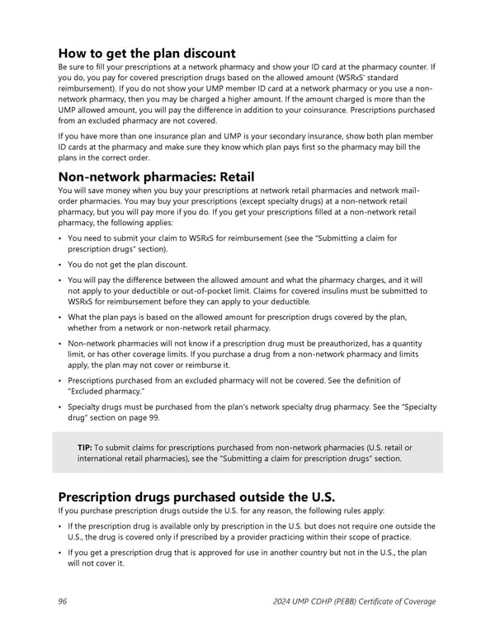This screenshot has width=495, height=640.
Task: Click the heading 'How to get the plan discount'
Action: (x=147, y=54)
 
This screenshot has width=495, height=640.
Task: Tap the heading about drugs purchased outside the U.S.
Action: (x=197, y=497)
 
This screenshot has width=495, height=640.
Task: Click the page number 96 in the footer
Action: (x=64, y=601)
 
